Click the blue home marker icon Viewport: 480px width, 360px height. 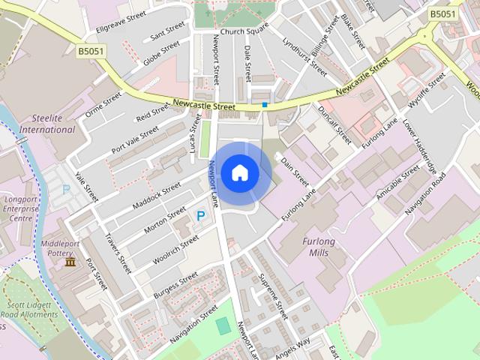(239, 172)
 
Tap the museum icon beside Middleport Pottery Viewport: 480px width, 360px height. (70, 261)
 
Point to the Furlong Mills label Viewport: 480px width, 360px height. (321, 247)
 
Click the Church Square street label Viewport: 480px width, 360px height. (244, 31)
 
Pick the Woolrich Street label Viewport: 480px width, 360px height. (176, 248)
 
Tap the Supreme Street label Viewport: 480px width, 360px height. (273, 296)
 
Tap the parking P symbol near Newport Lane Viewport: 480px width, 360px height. (200, 215)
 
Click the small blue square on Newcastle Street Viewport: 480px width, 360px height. (265, 104)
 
